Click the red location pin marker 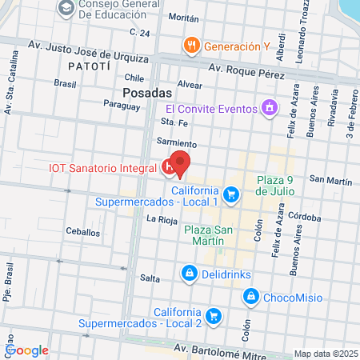181,162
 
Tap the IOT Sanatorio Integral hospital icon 169,168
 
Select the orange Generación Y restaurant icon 190,46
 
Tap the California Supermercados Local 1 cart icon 231,194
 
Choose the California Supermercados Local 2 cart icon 213,317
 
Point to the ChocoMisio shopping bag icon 251,298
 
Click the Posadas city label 130,93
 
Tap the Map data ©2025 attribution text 326,354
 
